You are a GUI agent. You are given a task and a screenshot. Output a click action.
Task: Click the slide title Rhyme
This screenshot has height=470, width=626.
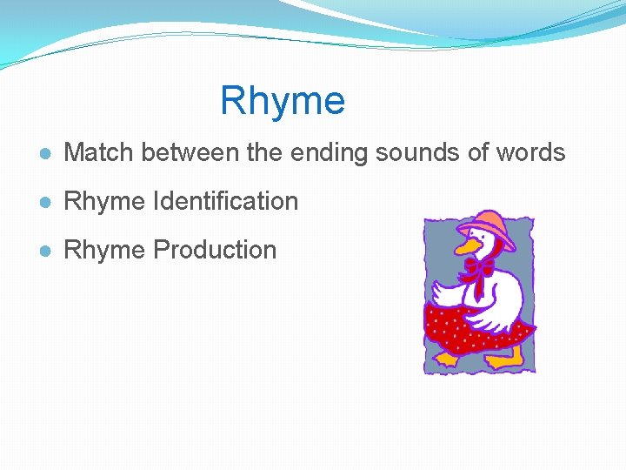pos(283,101)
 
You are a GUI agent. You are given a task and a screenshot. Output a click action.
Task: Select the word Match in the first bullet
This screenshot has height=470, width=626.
pos(100,153)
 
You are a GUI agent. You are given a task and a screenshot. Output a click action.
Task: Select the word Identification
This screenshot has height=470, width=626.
pos(225,202)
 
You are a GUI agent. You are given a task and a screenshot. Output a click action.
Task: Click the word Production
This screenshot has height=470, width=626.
pos(215,251)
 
